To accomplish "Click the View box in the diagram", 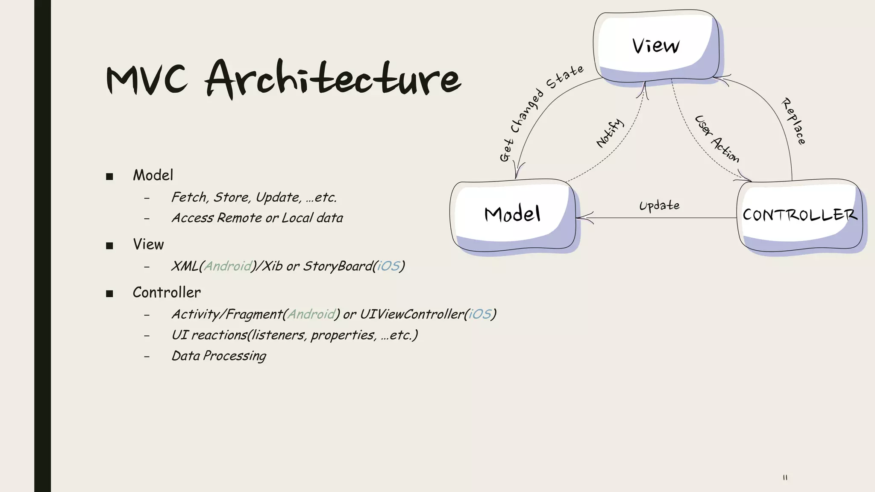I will pos(656,46).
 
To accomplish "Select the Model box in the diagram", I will pos(512,214).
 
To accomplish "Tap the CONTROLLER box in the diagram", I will pos(799,215).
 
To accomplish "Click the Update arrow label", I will pos(659,206).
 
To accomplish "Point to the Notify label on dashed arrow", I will pos(610,133).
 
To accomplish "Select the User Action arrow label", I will pos(716,139).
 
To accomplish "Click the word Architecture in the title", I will pos(333,79).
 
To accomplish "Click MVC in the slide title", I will pos(147,80).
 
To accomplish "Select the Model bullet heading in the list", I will pos(153,175).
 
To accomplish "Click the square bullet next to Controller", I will pos(109,293).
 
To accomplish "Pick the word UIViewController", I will pos(412,314).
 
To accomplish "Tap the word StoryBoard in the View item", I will pos(338,266).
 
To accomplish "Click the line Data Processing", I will pos(219,356).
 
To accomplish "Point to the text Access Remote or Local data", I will pos(257,218).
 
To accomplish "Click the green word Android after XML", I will pos(228,266).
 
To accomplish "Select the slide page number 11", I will pos(785,477).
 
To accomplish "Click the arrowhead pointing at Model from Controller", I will pos(584,218).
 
